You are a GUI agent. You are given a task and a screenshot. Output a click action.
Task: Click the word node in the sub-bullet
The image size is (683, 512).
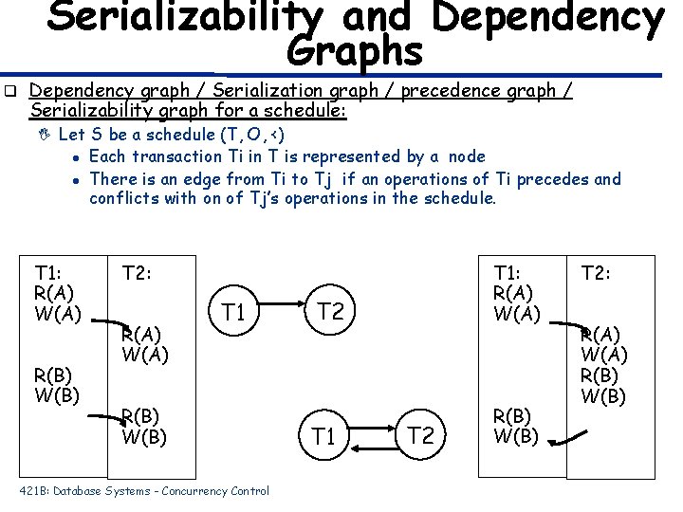466,156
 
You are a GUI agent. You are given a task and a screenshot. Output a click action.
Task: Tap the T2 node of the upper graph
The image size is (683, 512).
329,311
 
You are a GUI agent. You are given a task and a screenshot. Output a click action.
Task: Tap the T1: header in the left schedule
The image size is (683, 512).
48,272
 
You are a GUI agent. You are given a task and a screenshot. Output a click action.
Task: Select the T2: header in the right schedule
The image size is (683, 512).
597,274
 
